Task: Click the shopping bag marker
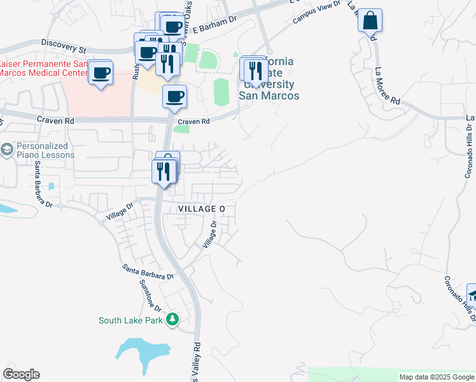370,21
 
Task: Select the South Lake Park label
131,320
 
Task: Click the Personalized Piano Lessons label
45,150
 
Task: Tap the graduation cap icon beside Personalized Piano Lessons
7,150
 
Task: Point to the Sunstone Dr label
150,297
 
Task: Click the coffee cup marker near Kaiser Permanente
101,73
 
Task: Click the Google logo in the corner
21,374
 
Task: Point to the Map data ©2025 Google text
436,377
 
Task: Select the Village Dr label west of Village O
120,211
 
